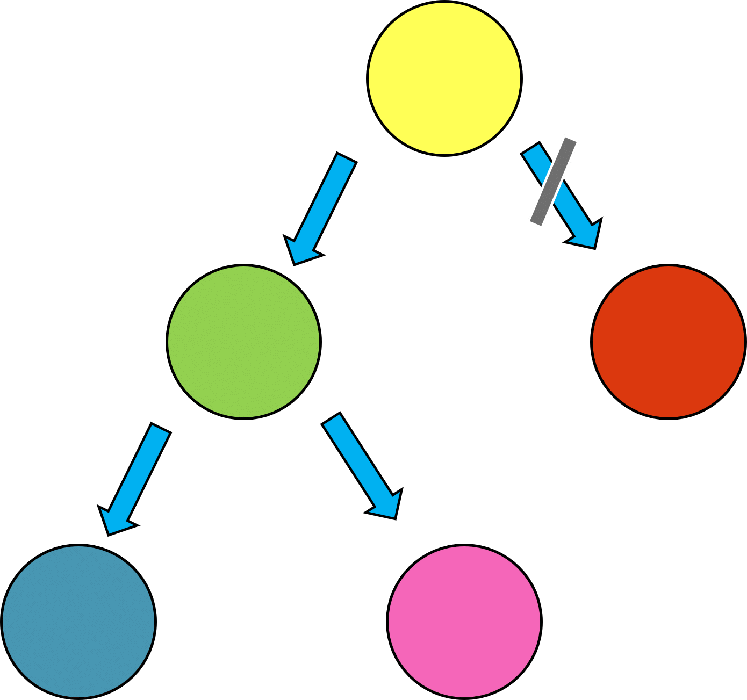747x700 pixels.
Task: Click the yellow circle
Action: click(444, 78)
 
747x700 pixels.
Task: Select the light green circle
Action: click(244, 342)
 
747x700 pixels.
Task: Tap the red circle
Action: click(668, 342)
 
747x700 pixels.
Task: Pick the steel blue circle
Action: click(78, 622)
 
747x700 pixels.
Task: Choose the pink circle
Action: click(464, 622)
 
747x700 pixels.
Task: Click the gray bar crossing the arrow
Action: click(552, 181)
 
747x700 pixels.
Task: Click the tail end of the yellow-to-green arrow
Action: click(346, 158)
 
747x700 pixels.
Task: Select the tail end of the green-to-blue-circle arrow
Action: click(161, 428)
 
